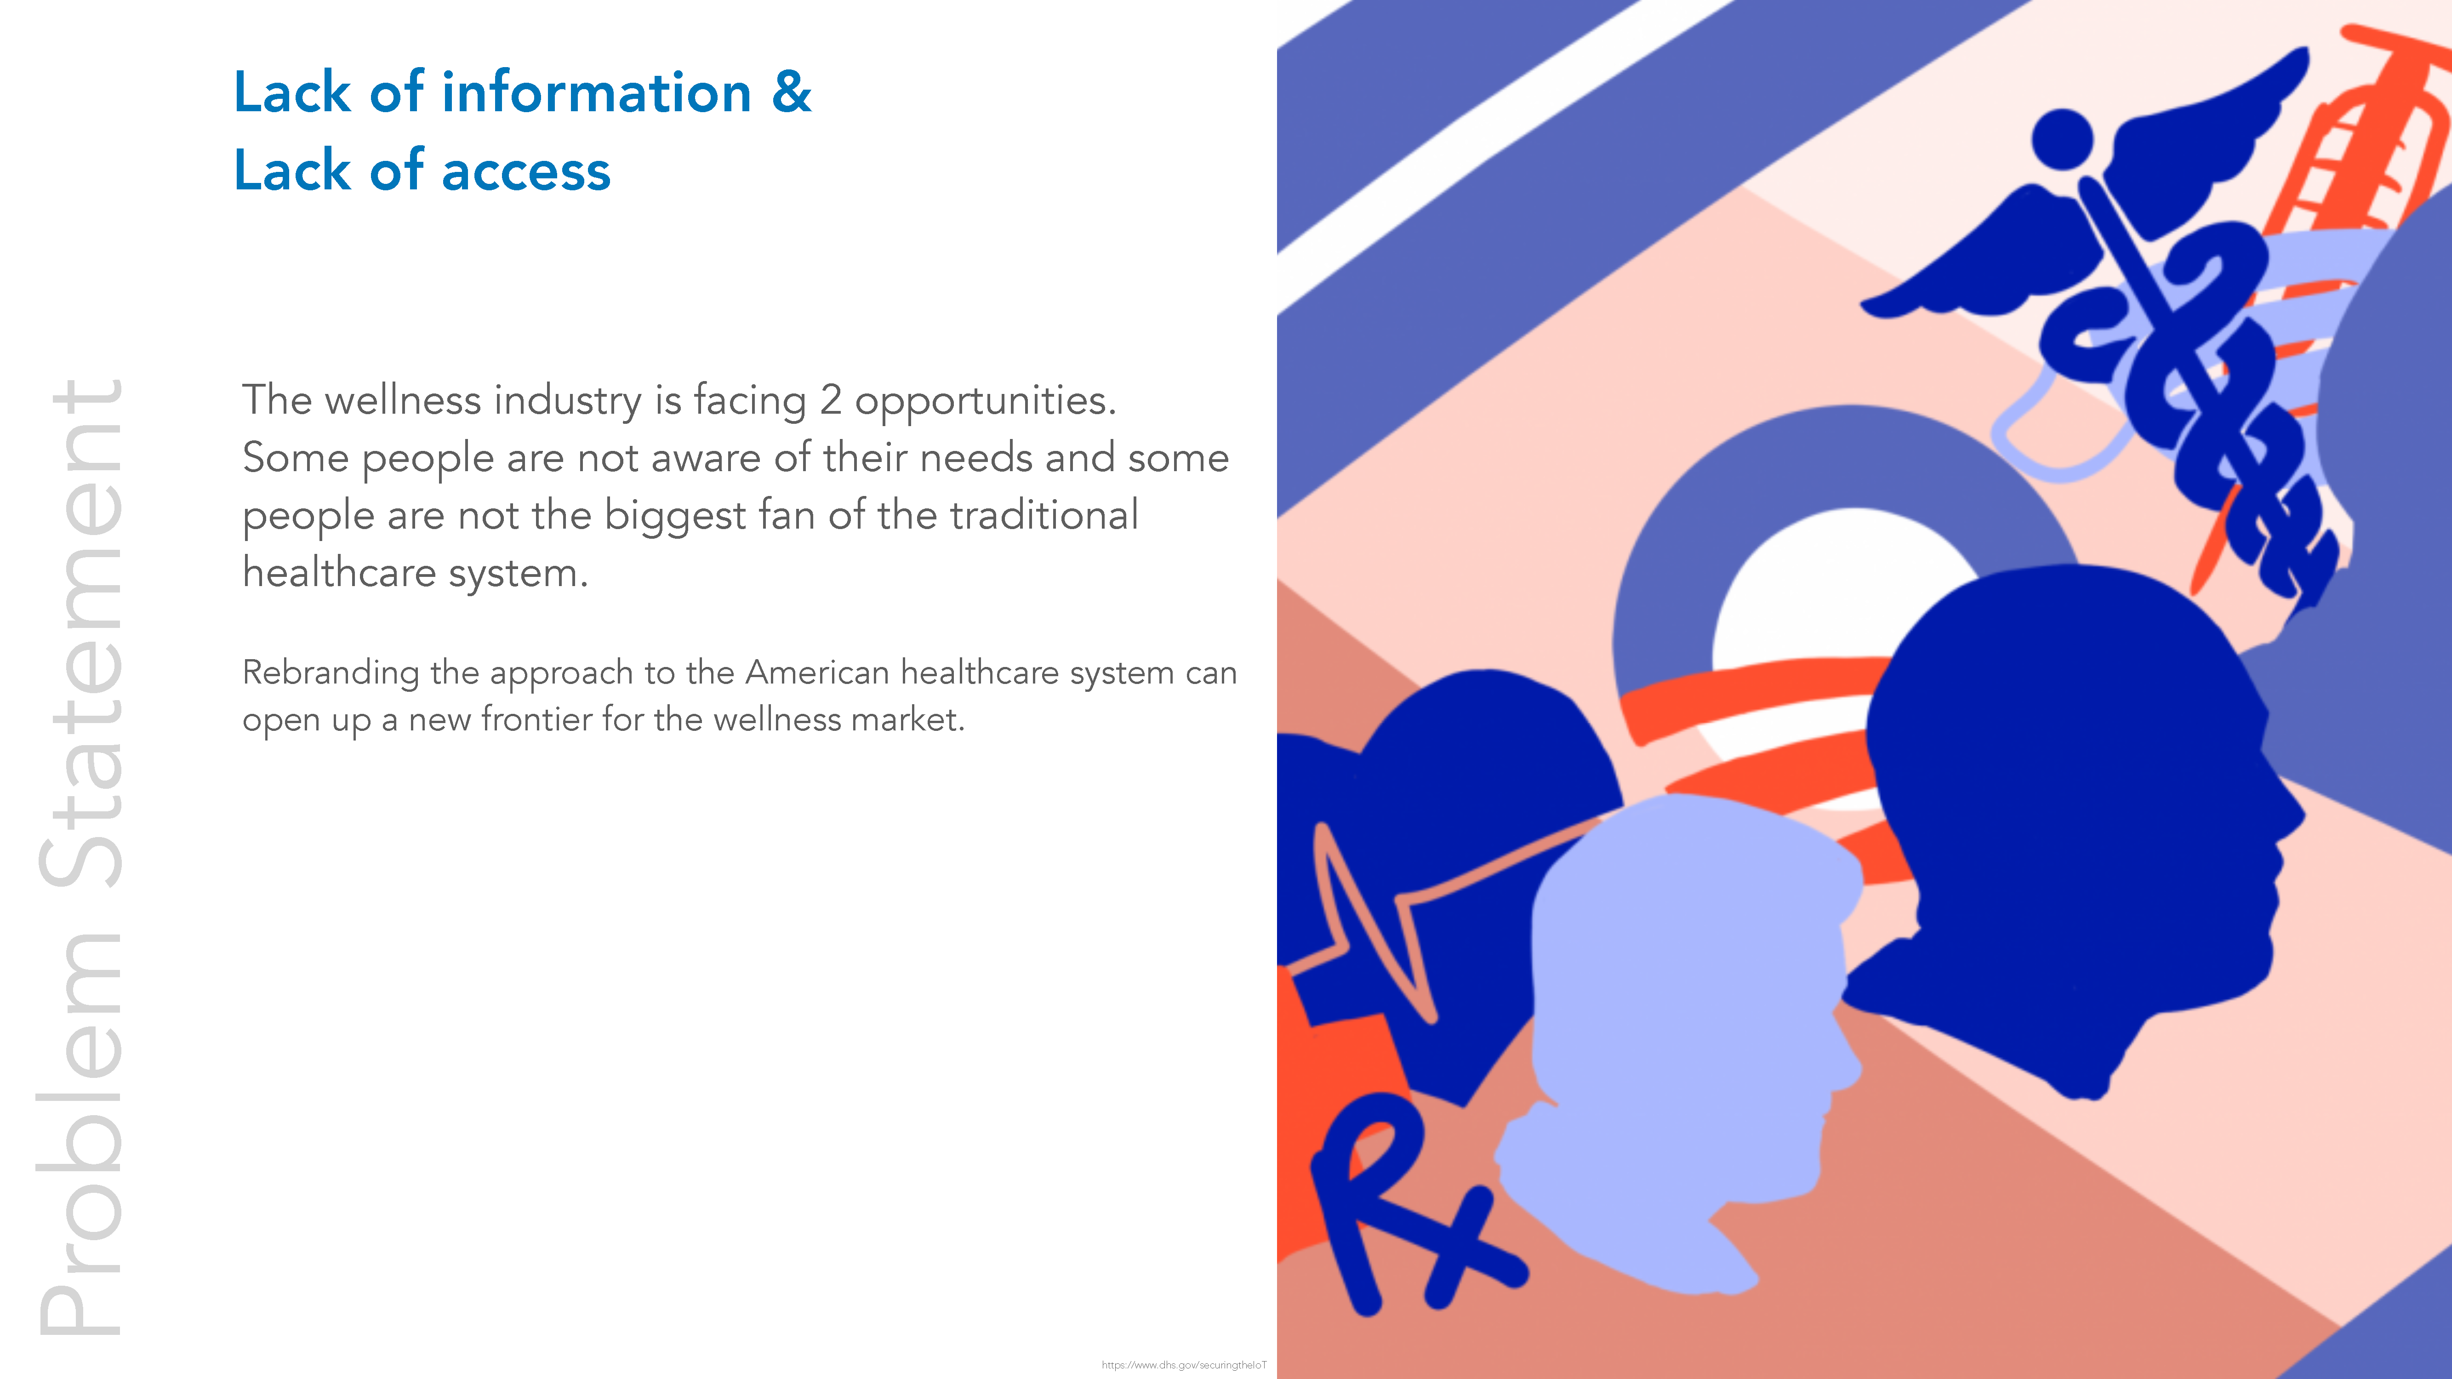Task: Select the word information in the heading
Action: [597, 92]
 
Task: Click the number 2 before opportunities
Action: [831, 400]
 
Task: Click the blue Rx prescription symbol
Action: [1409, 1204]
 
